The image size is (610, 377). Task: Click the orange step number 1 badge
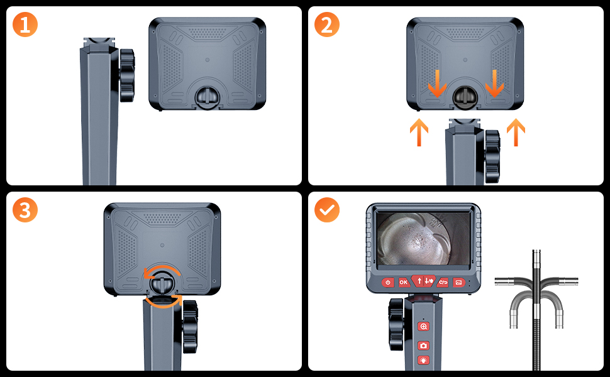pyautogui.click(x=25, y=25)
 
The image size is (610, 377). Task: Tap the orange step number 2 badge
pyautogui.click(x=327, y=25)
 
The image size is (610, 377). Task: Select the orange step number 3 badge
pyautogui.click(x=25, y=210)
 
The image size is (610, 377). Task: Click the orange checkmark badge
pyautogui.click(x=327, y=210)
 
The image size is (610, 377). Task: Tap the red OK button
pyautogui.click(x=404, y=282)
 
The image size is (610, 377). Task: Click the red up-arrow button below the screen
pyautogui.click(x=419, y=280)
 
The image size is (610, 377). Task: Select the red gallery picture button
pyautogui.click(x=459, y=282)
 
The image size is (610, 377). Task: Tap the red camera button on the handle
pyautogui.click(x=423, y=346)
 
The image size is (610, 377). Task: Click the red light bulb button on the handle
pyautogui.click(x=423, y=361)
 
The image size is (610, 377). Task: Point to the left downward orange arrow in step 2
pyautogui.click(x=437, y=84)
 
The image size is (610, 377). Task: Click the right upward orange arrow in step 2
pyautogui.click(x=516, y=132)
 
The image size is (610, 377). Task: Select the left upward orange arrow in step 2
pyautogui.click(x=419, y=132)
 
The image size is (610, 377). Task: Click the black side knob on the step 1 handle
pyautogui.click(x=127, y=75)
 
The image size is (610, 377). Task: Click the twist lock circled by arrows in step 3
pyautogui.click(x=162, y=282)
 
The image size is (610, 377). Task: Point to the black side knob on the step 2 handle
pyautogui.click(x=492, y=156)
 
